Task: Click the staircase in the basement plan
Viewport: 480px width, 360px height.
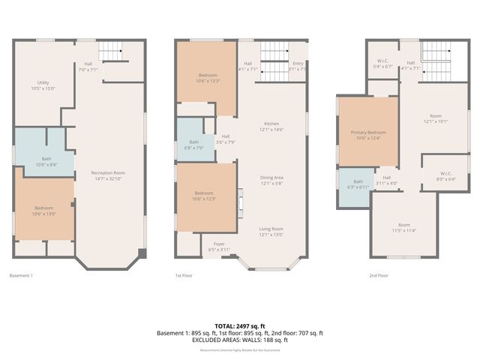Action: [110, 52]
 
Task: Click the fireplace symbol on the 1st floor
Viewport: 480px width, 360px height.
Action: [241, 202]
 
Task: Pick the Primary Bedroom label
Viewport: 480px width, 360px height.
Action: [367, 134]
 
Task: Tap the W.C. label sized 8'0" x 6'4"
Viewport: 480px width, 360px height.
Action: [445, 176]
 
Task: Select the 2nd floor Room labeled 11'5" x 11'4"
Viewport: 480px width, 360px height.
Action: [404, 227]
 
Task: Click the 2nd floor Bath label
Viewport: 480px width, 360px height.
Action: [358, 181]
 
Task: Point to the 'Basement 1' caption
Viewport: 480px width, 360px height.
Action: [21, 276]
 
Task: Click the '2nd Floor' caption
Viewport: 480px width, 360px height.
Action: [378, 276]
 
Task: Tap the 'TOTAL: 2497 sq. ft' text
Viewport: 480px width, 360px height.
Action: [240, 325]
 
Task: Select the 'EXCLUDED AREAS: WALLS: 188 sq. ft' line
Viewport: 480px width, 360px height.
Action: [240, 340]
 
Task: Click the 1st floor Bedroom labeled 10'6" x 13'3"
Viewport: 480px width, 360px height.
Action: [208, 78]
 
